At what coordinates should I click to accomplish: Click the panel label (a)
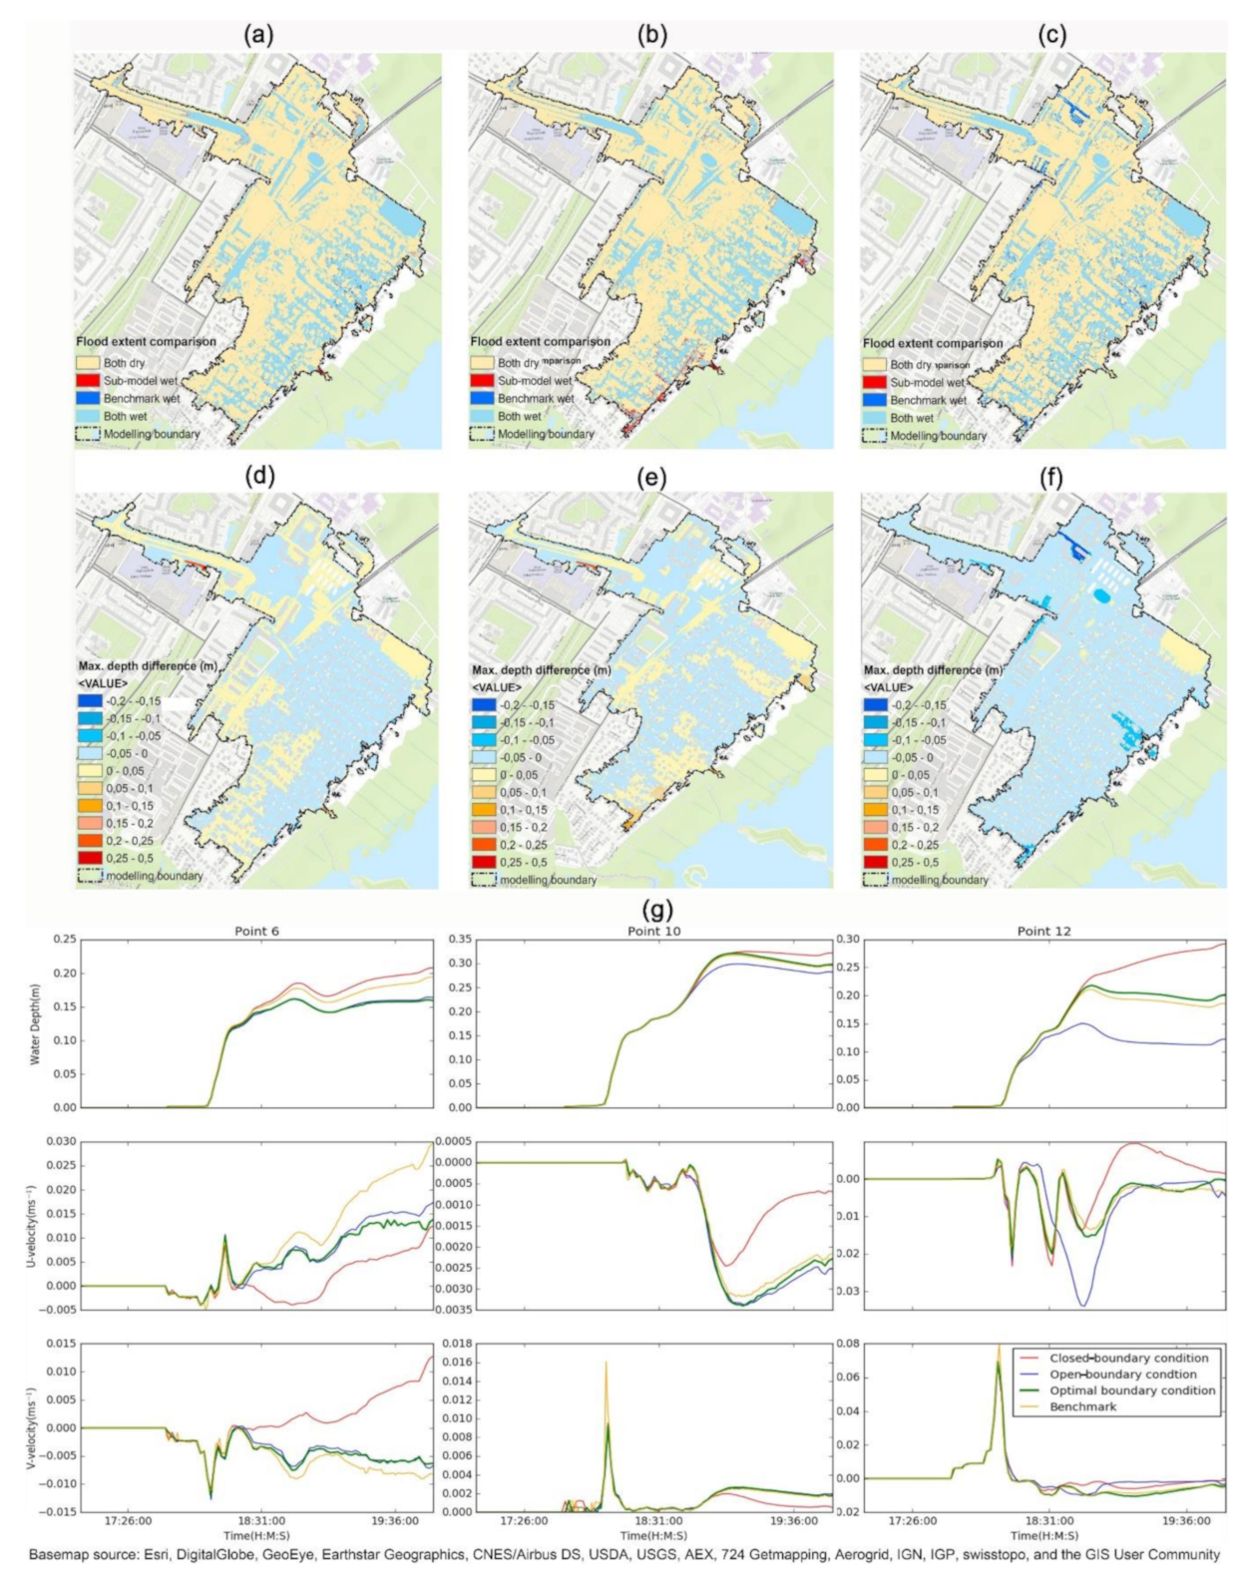pos(258,35)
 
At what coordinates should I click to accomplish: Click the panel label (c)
pos(1051,35)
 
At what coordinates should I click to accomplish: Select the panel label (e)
pos(651,478)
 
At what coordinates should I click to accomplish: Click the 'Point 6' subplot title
pos(256,931)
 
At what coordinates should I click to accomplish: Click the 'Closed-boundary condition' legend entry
pos(1128,1358)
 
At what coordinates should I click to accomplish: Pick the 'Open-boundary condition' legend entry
pos(1122,1374)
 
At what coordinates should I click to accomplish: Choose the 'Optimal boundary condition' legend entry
pos(1132,1389)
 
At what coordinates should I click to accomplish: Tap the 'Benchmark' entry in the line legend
pos(1083,1406)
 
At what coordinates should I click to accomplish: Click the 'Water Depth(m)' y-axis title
pos(35,1024)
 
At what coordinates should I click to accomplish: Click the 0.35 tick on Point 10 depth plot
pos(459,940)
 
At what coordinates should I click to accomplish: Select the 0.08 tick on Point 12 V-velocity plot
pos(850,1344)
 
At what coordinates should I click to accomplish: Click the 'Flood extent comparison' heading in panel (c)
pos(933,343)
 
